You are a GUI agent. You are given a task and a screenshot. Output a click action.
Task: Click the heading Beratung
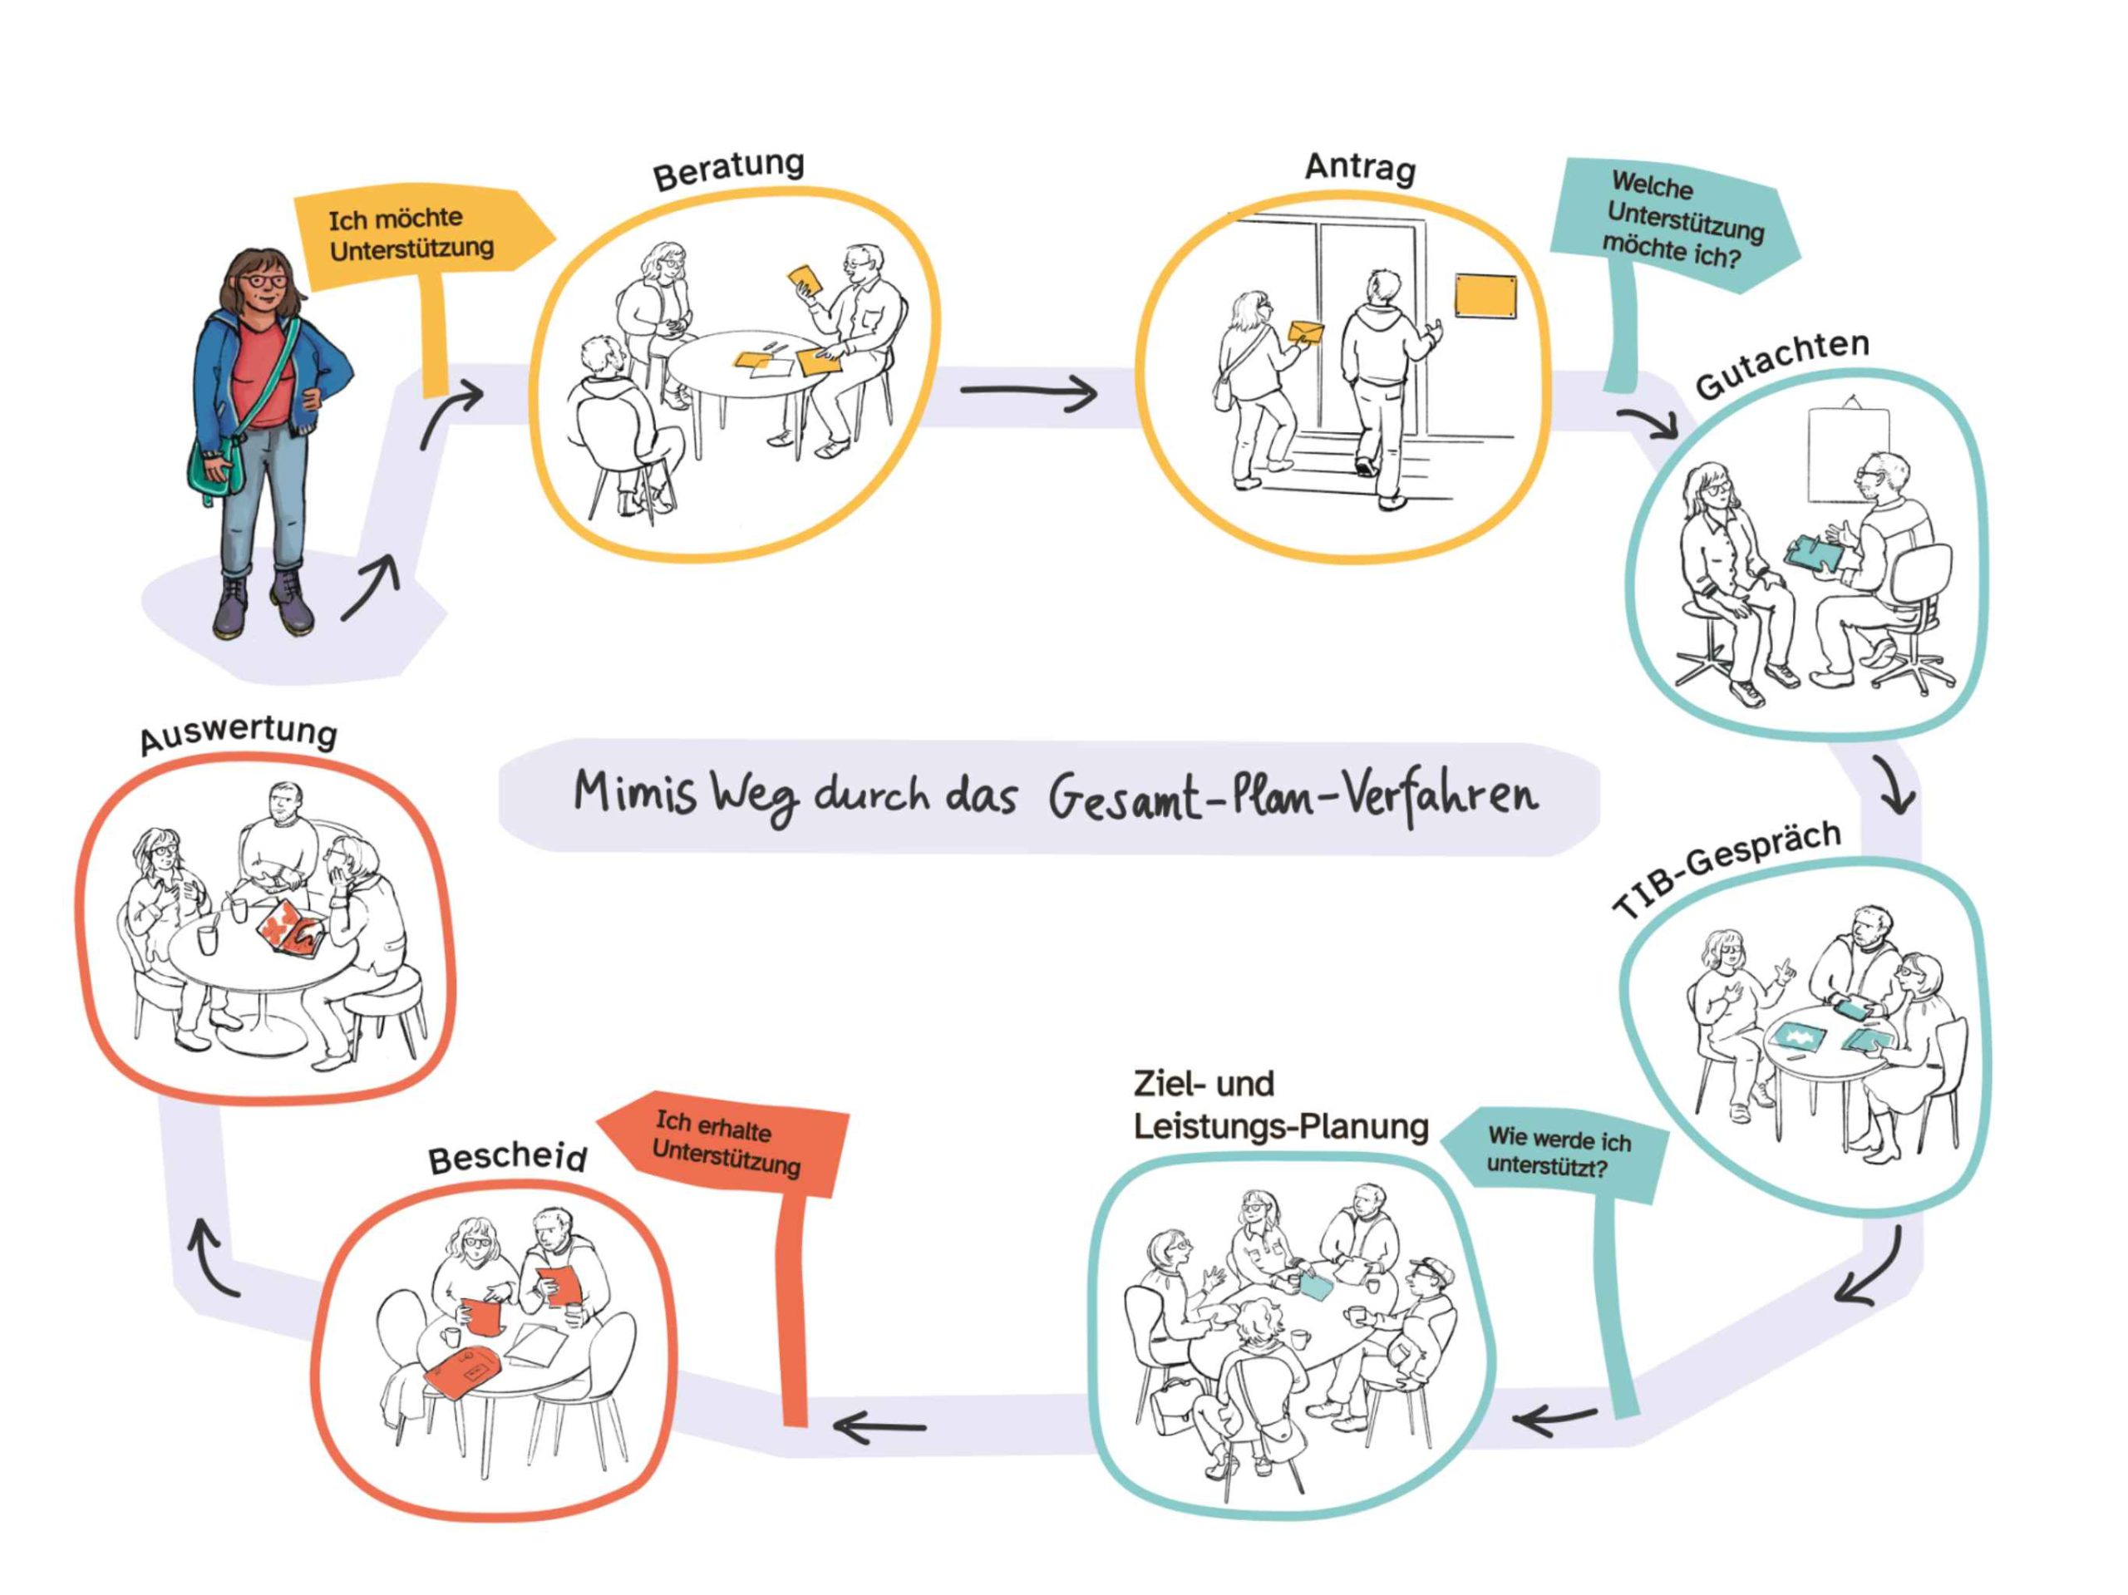pyautogui.click(x=728, y=170)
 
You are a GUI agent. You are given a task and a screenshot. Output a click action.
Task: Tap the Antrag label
pyautogui.click(x=1360, y=167)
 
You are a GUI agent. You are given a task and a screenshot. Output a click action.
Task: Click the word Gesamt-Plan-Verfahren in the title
pyautogui.click(x=1292, y=795)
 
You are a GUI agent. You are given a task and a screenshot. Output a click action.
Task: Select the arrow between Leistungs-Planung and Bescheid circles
pyautogui.click(x=879, y=1426)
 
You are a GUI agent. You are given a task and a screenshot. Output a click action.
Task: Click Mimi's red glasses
pyautogui.click(x=264, y=282)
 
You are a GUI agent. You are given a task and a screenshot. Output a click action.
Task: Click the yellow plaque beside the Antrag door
pyautogui.click(x=1485, y=295)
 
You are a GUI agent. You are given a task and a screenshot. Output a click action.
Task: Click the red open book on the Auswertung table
pyautogui.click(x=288, y=929)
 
